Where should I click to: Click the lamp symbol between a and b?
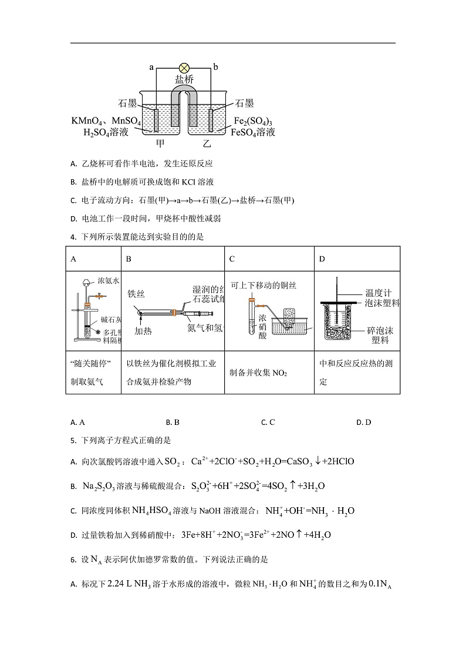click(184, 68)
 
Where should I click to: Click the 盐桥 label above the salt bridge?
click(184, 79)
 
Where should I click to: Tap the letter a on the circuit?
click(151, 68)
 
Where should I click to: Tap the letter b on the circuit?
click(215, 68)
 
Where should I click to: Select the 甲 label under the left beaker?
click(160, 143)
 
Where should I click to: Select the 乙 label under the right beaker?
click(207, 143)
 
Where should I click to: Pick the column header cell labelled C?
click(232, 259)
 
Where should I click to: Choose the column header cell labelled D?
click(322, 259)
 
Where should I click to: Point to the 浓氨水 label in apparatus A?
click(108, 281)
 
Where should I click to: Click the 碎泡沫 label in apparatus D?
click(379, 330)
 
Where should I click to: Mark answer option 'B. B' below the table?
click(173, 422)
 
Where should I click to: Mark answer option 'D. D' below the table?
click(364, 422)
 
